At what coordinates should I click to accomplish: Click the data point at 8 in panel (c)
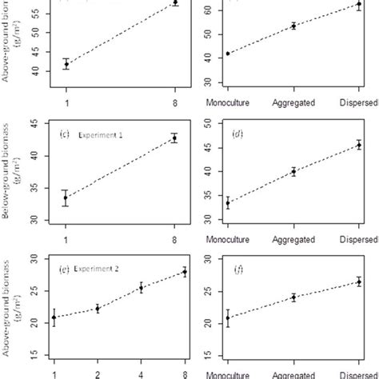coord(174,138)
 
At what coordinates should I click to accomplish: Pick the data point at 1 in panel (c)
coord(65,197)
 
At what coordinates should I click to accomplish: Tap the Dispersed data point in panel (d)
coord(359,145)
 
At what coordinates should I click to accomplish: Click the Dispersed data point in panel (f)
coord(359,281)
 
